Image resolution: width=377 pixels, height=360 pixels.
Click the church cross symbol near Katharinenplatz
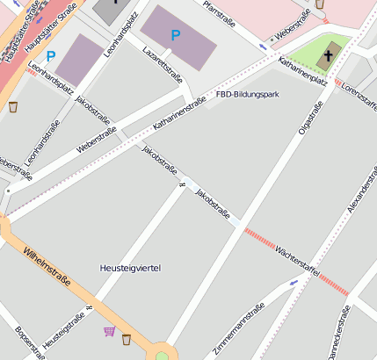[328, 55]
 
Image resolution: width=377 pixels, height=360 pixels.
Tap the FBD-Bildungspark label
[247, 94]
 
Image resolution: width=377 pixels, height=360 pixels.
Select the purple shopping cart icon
[109, 331]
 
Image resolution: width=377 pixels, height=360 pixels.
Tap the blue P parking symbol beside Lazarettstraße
[176, 35]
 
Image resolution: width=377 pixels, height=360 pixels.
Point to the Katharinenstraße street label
[179, 114]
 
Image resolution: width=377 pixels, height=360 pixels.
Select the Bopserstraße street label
[27, 342]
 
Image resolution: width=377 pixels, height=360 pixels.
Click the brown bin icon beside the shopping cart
[127, 339]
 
